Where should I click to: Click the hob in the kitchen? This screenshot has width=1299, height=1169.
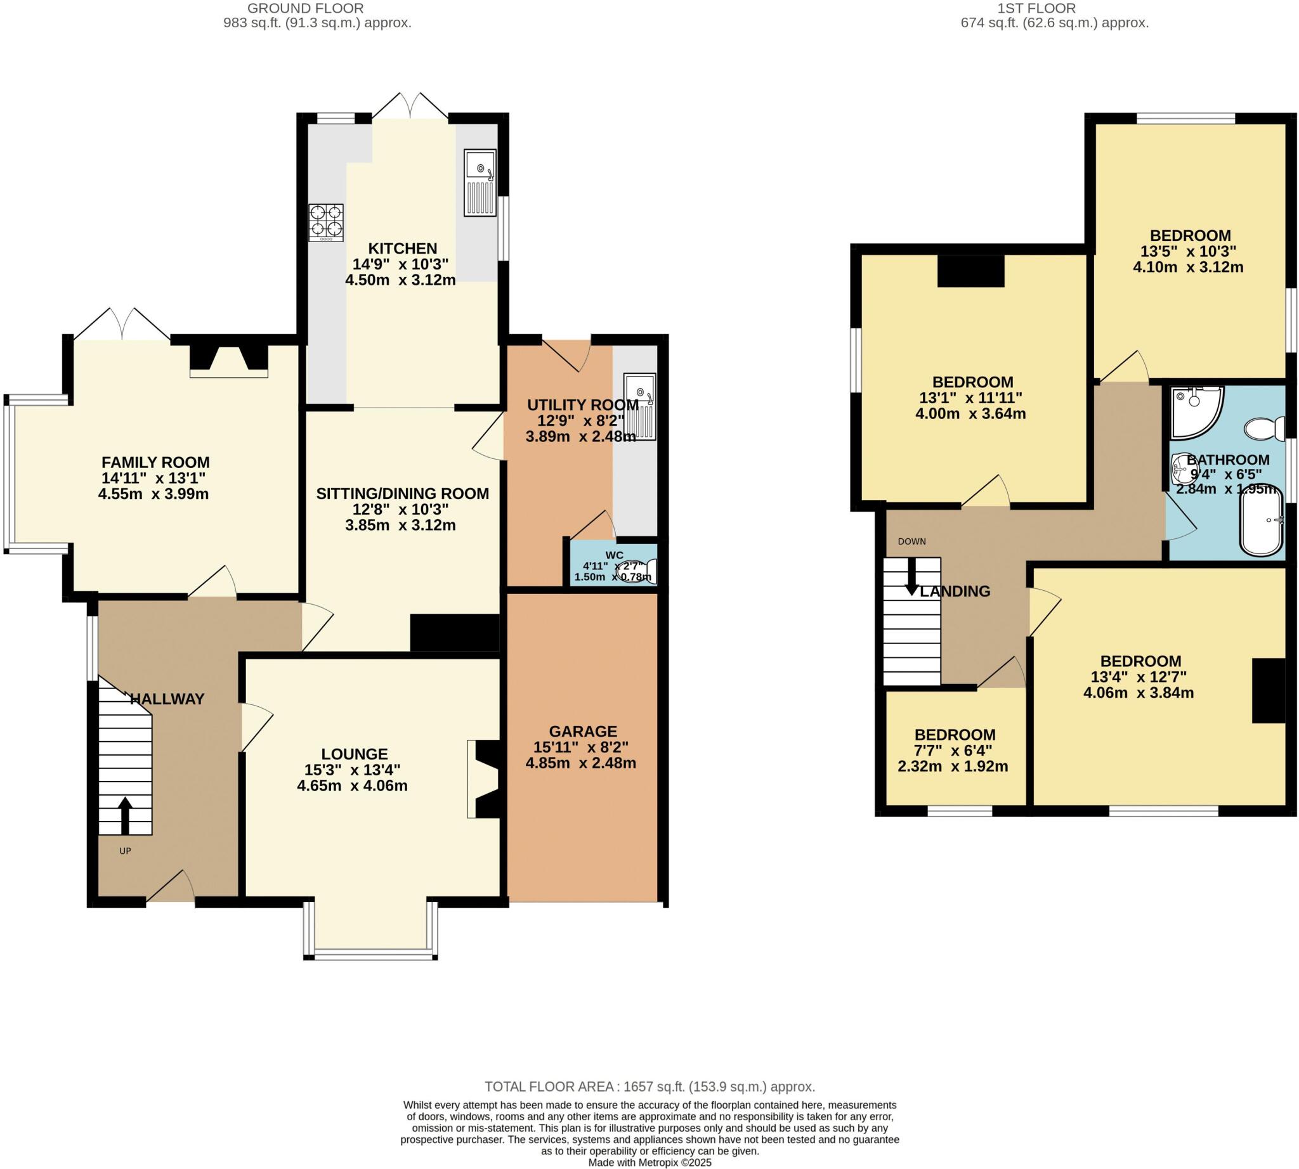pos(326,223)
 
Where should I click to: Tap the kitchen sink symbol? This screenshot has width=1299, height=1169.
pos(480,183)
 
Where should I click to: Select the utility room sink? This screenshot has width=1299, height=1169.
pos(639,406)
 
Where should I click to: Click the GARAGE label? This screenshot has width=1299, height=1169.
pos(582,731)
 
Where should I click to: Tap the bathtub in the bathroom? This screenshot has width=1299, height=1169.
pos(1260,520)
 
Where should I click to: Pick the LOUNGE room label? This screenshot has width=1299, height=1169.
pos(355,753)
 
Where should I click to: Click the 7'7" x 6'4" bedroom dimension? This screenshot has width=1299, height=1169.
pos(953,750)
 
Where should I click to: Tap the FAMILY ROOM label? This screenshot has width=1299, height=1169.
pos(155,462)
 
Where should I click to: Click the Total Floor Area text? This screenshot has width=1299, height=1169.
pos(649,1087)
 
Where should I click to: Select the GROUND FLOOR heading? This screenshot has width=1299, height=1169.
pos(305,8)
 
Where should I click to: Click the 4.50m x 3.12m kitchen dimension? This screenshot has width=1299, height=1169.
pos(400,280)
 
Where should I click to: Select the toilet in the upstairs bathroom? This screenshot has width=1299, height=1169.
pos(1263,429)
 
